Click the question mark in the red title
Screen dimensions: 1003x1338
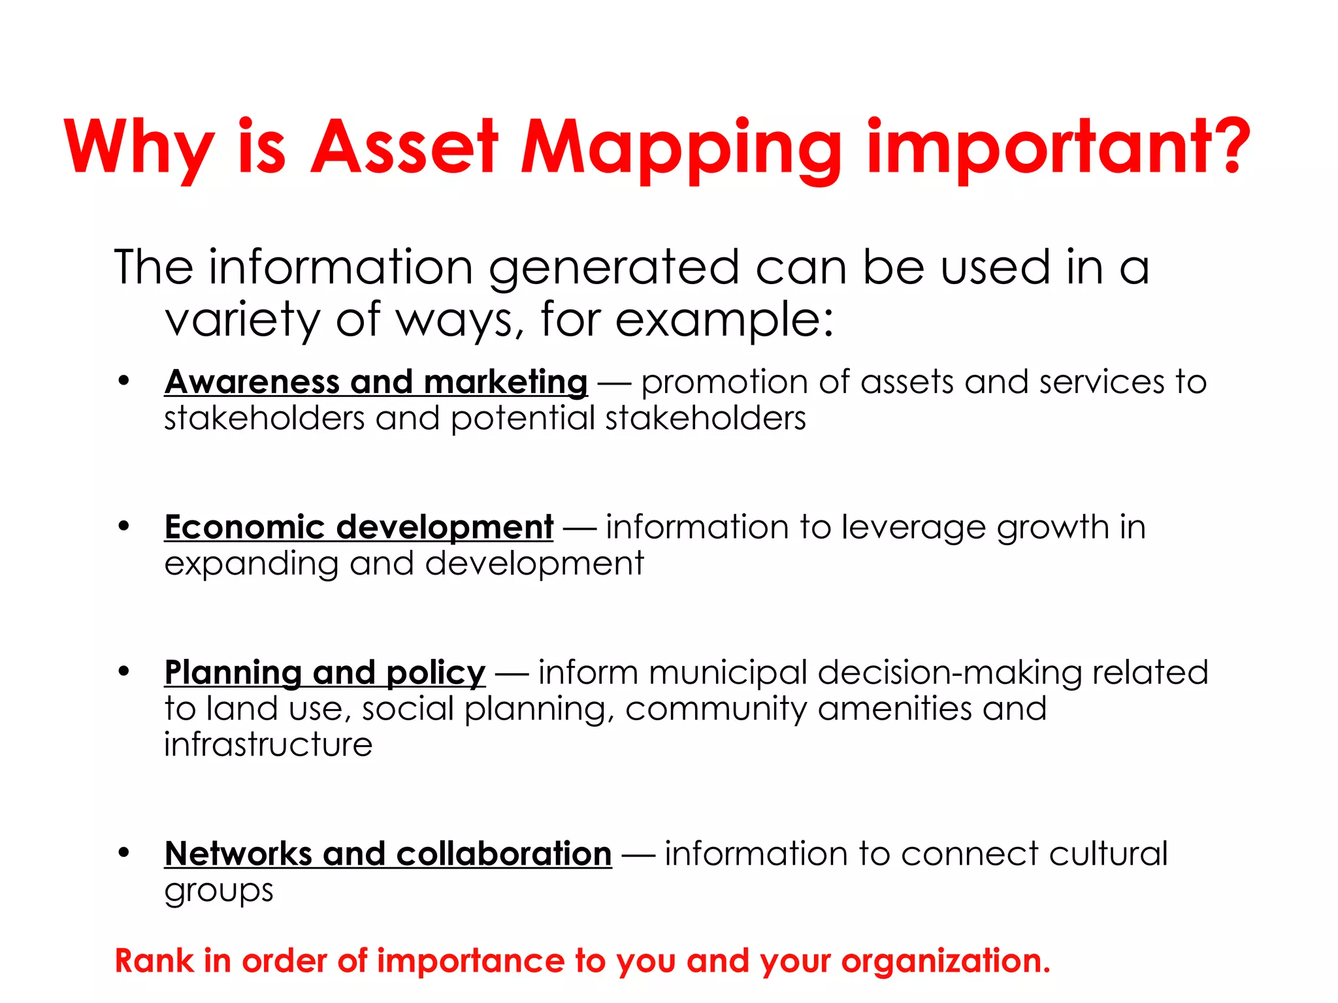[x=1228, y=147]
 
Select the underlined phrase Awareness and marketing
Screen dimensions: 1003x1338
[x=376, y=382]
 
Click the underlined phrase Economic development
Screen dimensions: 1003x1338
[x=359, y=527]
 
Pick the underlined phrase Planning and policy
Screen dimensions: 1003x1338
[x=325, y=673]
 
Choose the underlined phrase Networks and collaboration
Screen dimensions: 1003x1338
[x=388, y=854]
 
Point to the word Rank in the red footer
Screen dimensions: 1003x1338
[x=154, y=961]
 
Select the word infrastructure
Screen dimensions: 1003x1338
[x=268, y=745]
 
